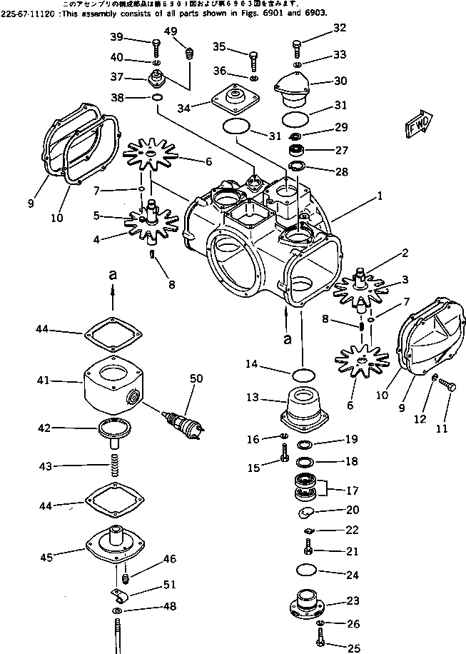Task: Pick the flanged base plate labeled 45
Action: pos(115,541)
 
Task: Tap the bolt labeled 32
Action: pos(295,49)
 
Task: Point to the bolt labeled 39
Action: pos(155,46)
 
